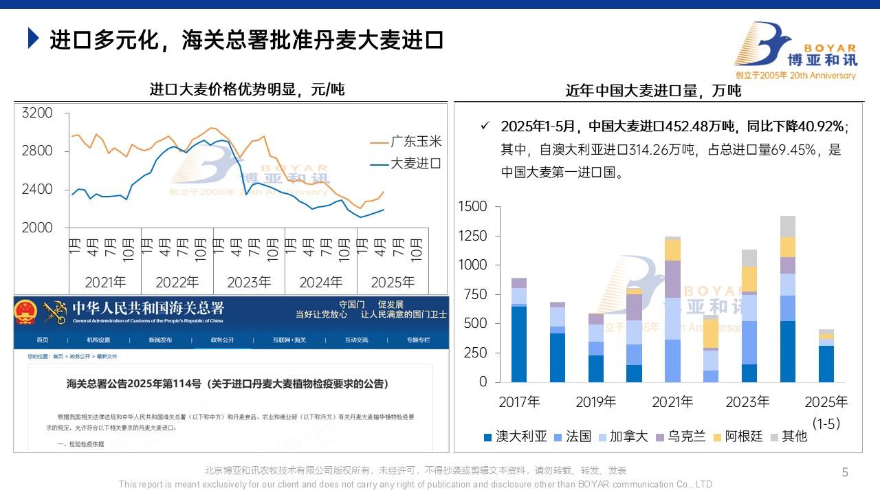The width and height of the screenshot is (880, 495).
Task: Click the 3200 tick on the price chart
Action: click(x=37, y=113)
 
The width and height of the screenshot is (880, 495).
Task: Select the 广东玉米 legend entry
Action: click(x=416, y=142)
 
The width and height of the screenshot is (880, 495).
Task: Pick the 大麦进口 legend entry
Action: click(x=416, y=164)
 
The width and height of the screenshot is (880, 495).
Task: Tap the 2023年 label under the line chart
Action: click(x=249, y=282)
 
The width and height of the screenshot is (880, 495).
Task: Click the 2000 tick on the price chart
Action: click(x=37, y=228)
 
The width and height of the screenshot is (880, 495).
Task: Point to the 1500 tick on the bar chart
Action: click(x=472, y=207)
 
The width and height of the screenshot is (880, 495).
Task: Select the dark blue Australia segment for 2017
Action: click(x=519, y=344)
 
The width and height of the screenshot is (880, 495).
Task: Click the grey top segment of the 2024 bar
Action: click(x=788, y=226)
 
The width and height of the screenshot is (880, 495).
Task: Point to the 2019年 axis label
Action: click(x=595, y=401)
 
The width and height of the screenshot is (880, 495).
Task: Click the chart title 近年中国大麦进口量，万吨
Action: click(x=653, y=91)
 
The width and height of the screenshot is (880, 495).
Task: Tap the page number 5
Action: click(x=845, y=472)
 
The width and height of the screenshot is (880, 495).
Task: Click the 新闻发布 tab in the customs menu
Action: click(x=160, y=340)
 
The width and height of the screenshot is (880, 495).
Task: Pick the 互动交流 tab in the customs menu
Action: click(x=356, y=340)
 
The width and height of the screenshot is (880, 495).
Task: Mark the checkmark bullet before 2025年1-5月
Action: click(x=485, y=126)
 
